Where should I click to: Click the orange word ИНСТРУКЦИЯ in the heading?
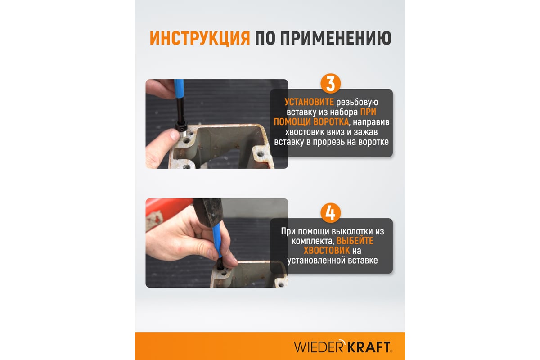coord(200,38)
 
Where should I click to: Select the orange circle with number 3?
coord(330,83)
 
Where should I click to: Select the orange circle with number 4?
coord(330,213)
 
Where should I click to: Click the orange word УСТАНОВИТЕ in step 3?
coord(309,102)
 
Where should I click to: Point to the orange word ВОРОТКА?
coord(330,122)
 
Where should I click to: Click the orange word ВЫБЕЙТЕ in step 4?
coord(355,241)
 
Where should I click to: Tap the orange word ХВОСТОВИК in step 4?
coord(327,251)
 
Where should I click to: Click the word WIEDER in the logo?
coord(318,347)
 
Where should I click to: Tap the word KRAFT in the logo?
coord(368,347)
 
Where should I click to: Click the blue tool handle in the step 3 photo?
coord(179,89)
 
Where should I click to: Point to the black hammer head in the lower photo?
coord(208,211)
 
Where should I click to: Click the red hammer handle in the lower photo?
coord(166,210)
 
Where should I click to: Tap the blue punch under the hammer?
coord(217,240)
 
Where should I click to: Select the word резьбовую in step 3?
coord(357,103)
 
